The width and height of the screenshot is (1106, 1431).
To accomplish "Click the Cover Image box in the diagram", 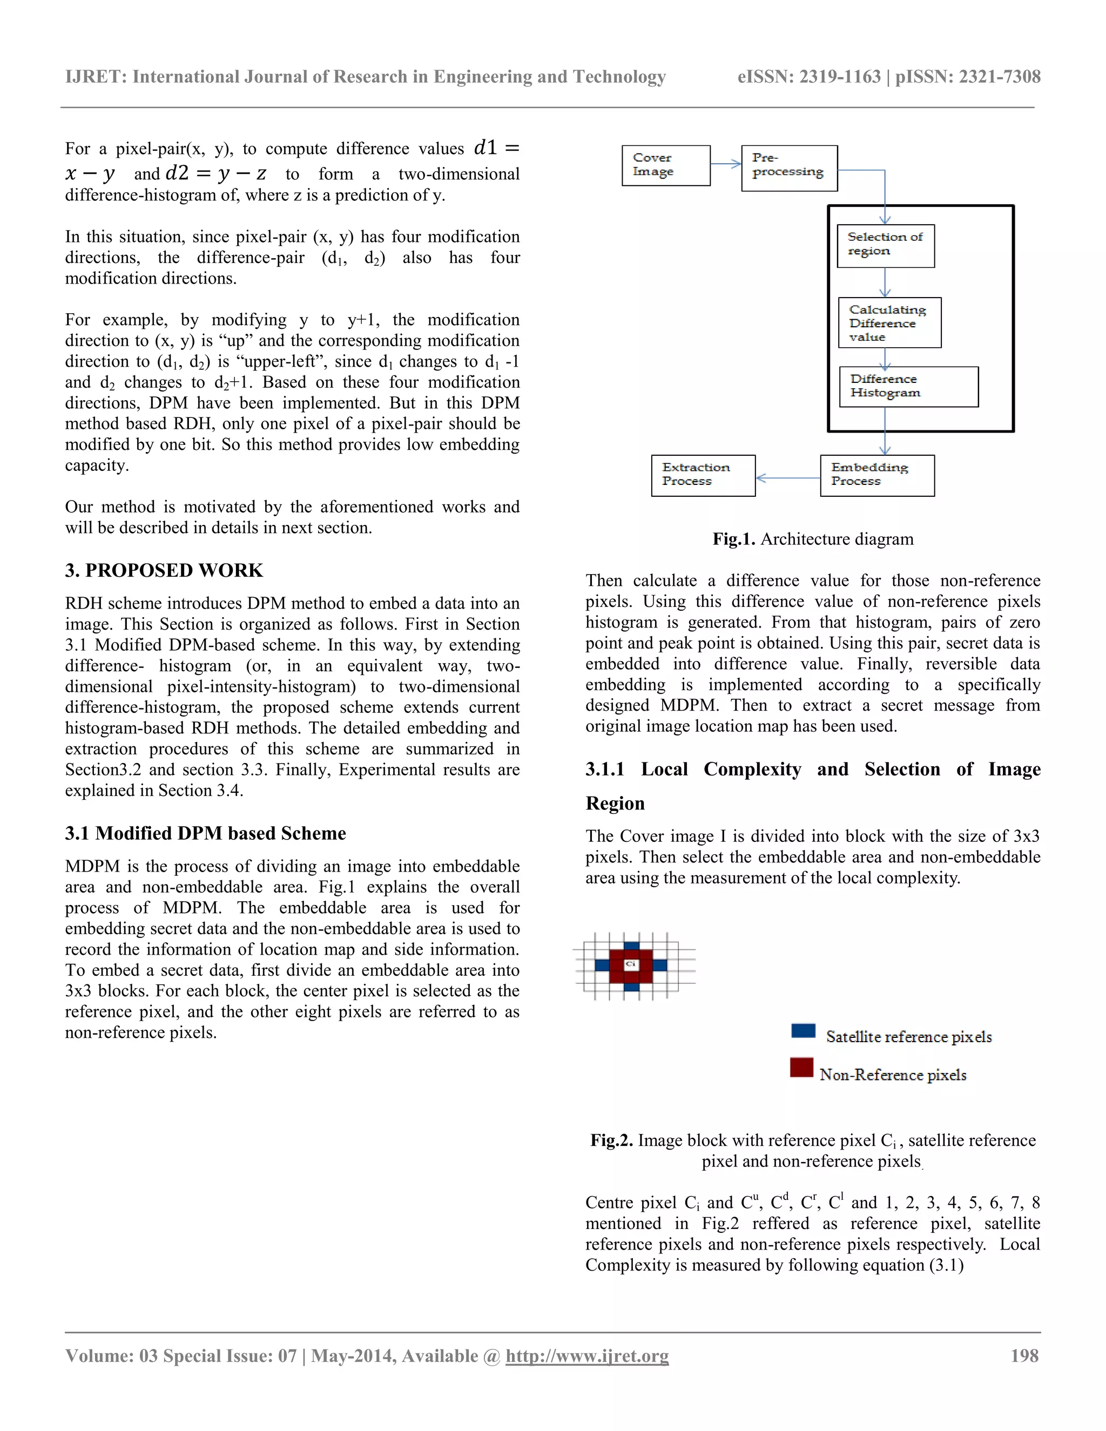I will click(x=666, y=166).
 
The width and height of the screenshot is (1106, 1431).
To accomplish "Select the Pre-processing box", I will click(x=789, y=168).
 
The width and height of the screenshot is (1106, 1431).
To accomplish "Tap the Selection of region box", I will click(x=885, y=246).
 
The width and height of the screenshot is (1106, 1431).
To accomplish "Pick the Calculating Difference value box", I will click(x=889, y=322).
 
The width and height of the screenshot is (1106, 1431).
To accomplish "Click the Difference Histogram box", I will click(x=908, y=387).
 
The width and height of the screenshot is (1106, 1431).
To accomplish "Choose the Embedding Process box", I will click(x=876, y=475).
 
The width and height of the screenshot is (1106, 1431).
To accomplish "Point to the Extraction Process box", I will click(x=703, y=475).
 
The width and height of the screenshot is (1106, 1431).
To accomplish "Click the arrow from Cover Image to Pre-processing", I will click(x=726, y=164).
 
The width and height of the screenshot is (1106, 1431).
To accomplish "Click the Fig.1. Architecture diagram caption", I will click(x=812, y=539).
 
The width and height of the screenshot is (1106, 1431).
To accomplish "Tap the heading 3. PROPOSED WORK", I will click(x=164, y=571).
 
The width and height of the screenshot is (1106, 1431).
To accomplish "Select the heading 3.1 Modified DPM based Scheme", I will click(x=205, y=833).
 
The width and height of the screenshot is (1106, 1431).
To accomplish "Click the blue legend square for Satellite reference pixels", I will click(x=803, y=1031).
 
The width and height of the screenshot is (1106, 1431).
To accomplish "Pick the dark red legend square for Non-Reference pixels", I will click(x=801, y=1068).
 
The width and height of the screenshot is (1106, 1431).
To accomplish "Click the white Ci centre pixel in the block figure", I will click(x=631, y=964).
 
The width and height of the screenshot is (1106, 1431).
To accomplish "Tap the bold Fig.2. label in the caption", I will click(x=611, y=1140).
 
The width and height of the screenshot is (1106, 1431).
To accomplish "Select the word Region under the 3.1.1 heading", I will click(x=615, y=804).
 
